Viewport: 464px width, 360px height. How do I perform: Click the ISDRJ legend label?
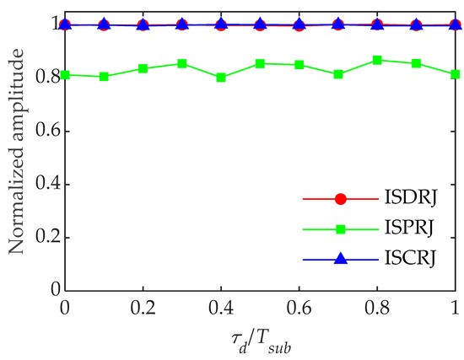pos(402,200)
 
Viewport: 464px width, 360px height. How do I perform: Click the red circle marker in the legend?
pos(341,200)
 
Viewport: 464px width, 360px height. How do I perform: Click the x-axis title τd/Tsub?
pos(261,341)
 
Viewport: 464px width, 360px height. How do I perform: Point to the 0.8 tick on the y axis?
pos(46,78)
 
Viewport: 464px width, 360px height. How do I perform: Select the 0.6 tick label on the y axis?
pos(46,131)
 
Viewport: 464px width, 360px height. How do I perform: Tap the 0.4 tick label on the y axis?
pos(46,184)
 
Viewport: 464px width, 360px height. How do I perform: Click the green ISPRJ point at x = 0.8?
pos(377,60)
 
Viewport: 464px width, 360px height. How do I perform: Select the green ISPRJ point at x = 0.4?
pos(221,78)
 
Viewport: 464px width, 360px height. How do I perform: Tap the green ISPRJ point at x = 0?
pos(65,74)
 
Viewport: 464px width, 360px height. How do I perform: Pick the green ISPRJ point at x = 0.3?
pos(182,63)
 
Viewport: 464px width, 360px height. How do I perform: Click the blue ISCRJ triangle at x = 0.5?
pos(260,24)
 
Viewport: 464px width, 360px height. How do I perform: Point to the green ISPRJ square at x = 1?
pos(455,74)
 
